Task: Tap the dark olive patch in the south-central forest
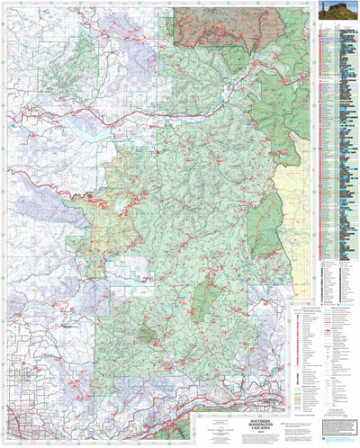(147, 335)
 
